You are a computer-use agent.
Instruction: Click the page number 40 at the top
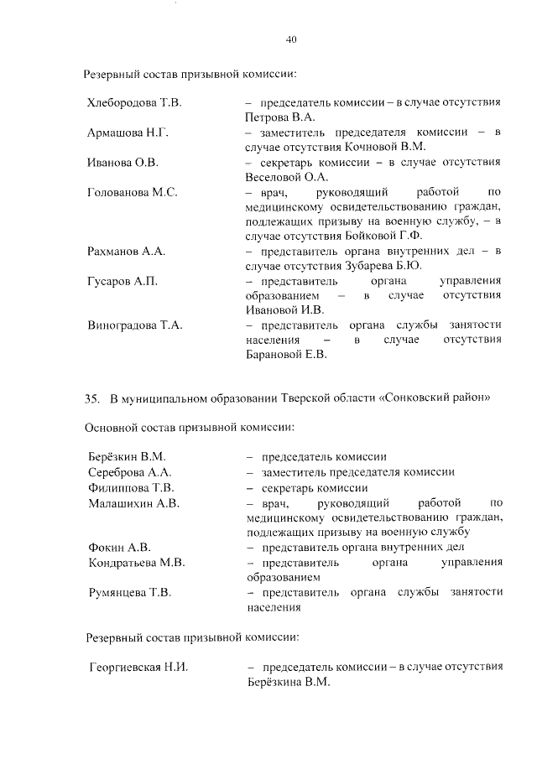291,39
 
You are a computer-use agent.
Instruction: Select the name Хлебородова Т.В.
134,102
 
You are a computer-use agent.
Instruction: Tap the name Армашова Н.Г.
128,133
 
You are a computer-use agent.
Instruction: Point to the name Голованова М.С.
133,192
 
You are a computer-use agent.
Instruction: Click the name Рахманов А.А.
127,252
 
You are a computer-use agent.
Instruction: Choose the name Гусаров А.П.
123,281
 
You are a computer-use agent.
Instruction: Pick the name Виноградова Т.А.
135,325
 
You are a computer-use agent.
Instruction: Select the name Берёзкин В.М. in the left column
128,457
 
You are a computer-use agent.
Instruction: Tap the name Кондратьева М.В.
137,563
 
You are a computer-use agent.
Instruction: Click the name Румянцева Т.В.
130,593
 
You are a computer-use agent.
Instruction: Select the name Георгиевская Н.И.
138,668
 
